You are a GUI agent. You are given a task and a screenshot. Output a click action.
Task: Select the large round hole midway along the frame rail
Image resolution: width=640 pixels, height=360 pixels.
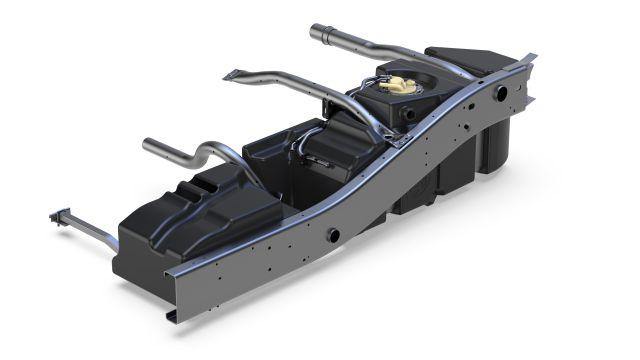(x=333, y=235)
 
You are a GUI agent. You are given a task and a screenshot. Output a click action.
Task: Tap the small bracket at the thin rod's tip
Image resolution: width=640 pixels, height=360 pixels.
(x=56, y=216)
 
